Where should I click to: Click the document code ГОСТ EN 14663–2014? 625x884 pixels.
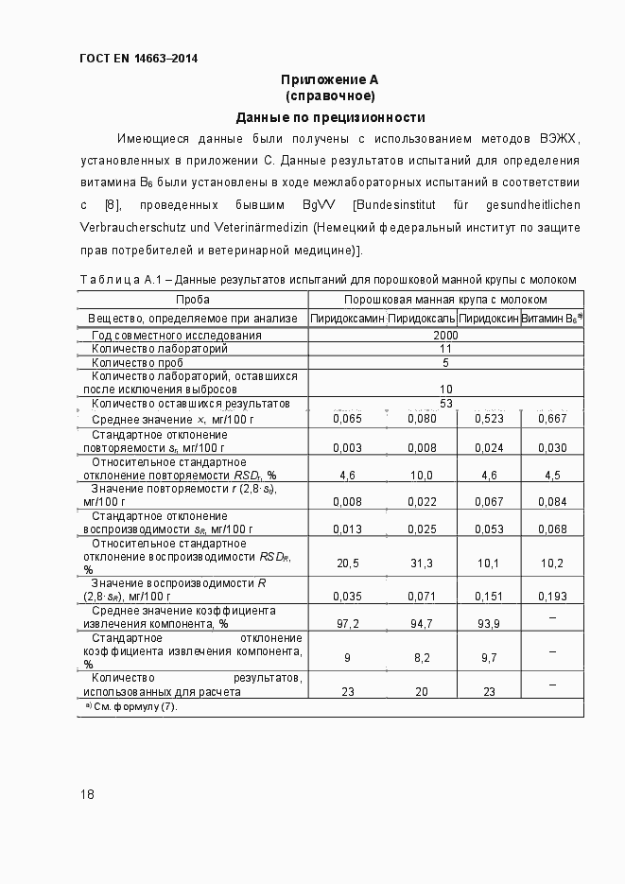point(139,59)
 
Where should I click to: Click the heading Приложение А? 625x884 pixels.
point(330,79)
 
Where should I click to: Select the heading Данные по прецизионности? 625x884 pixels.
point(330,117)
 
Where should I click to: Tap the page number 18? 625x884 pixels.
point(87,794)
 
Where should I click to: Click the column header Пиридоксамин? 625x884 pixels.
point(347,320)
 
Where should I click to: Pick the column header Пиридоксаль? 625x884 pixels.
point(422,320)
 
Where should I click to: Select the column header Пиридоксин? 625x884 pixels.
point(489,320)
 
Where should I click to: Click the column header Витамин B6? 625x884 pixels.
point(552,320)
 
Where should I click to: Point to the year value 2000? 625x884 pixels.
point(445,336)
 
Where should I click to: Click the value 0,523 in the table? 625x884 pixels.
point(489,419)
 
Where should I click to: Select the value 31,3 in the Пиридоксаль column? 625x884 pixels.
point(422,563)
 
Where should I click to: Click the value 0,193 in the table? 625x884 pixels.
point(552,598)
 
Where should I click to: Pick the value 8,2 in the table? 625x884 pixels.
point(422,658)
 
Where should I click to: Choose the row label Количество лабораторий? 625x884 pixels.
point(159,349)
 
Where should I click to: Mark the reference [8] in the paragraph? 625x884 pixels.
point(113,205)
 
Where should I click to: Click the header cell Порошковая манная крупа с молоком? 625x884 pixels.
point(445,300)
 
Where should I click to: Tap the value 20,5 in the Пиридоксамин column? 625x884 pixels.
point(348,563)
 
